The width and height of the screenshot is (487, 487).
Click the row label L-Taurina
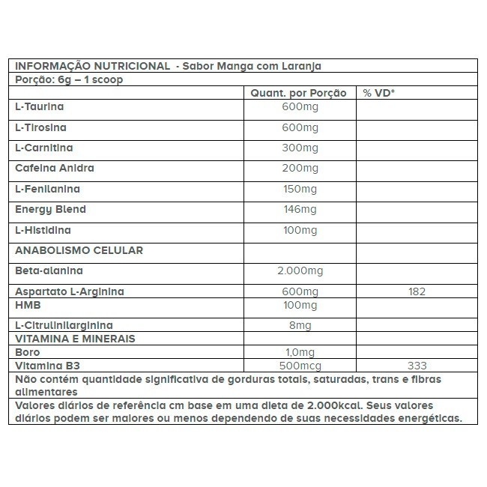pos(38,108)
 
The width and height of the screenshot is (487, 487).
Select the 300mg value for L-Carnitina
pos(300,148)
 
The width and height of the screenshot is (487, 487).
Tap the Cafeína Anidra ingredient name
pos(55,169)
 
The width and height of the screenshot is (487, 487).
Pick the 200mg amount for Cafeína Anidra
pos(300,169)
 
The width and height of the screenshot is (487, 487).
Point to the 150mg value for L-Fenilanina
pos(300,189)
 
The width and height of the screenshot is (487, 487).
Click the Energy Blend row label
pos(50,209)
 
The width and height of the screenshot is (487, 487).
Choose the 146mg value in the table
pos(300,210)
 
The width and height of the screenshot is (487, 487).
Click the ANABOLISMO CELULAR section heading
pos(79,250)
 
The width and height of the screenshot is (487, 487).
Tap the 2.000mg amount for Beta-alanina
pos(300,270)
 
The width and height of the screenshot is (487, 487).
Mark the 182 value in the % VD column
pos(417,291)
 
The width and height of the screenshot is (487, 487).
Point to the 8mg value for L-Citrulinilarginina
pos(300,324)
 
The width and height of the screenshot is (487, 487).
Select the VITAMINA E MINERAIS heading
pos(75,339)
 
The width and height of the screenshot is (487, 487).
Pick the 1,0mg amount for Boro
pos(300,351)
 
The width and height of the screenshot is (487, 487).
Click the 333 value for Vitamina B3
pos(417,366)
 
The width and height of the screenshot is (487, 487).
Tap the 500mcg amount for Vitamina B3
pos(300,366)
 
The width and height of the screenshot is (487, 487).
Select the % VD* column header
pos(379,94)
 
